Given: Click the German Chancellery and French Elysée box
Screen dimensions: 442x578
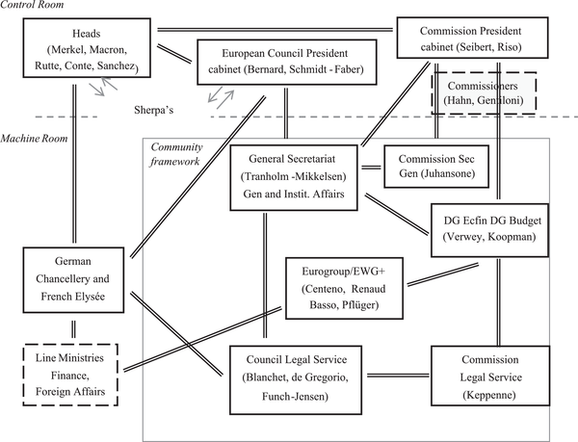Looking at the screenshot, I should click(74, 279).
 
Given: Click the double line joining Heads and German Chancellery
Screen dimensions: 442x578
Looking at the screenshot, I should click(74, 164).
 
